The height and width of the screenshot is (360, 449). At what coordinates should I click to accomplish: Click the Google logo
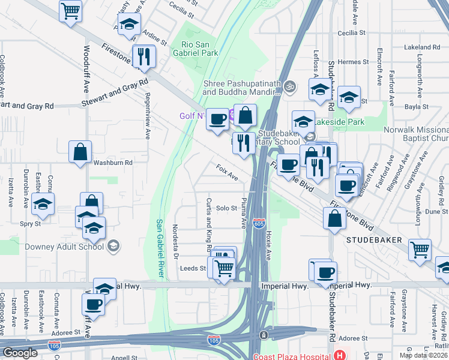click(20, 353)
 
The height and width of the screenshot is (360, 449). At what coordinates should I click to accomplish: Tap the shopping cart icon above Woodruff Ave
click(71, 10)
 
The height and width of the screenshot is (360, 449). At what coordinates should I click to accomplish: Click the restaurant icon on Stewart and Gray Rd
click(144, 57)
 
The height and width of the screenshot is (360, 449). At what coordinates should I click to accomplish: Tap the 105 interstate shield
click(213, 340)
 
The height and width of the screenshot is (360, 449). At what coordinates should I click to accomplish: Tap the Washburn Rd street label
click(113, 162)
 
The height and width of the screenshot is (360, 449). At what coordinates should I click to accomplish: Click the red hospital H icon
click(341, 355)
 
